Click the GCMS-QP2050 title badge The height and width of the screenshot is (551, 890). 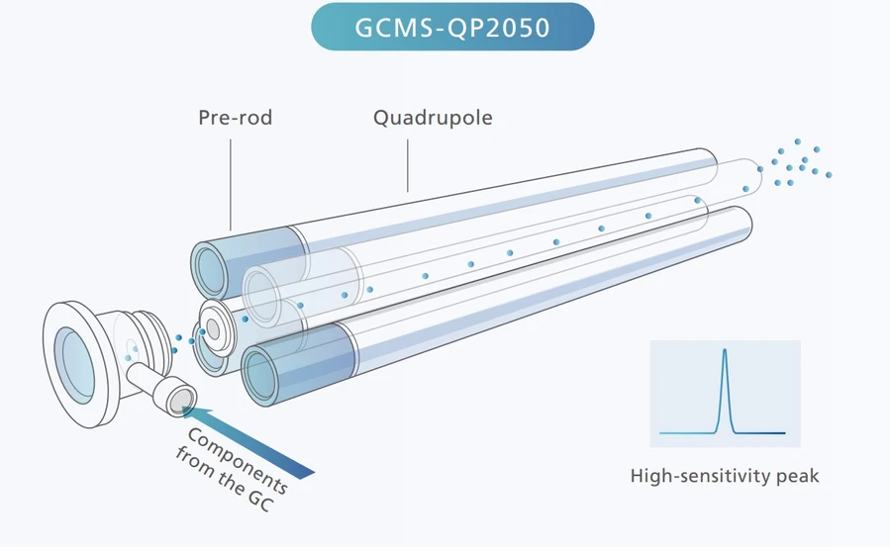click(x=452, y=27)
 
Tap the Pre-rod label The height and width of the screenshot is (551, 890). click(x=235, y=118)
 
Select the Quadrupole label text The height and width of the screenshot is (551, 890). click(x=433, y=118)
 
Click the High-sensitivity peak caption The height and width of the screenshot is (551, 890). click(x=725, y=476)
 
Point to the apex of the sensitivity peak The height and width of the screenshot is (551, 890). click(x=725, y=350)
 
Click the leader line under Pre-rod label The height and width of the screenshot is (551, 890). click(x=231, y=183)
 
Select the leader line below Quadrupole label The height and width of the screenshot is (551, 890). click(x=407, y=163)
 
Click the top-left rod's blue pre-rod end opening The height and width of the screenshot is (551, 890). click(x=210, y=266)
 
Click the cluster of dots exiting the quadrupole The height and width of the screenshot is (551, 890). click(x=798, y=163)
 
